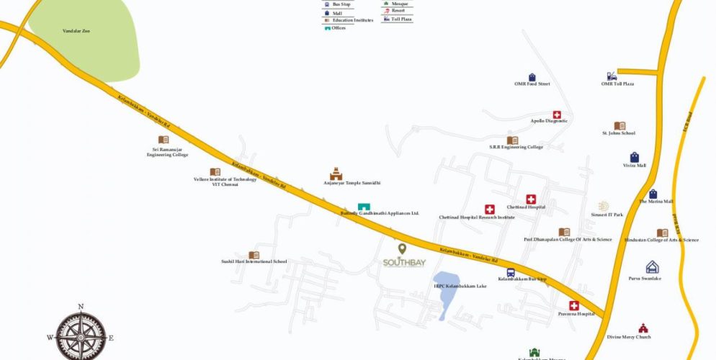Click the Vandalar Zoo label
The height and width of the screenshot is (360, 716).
76,31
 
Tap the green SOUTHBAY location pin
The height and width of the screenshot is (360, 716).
402,249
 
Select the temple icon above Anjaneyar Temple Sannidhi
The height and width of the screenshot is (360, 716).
336,174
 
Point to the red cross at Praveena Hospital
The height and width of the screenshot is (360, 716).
574,305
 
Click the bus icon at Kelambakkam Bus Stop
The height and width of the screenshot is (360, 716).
511,272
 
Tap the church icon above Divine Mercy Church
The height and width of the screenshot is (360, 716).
643,328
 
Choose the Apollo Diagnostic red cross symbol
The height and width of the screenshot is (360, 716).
557,114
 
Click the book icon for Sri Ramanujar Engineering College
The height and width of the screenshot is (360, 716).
164,140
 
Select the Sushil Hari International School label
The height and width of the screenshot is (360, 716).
254,261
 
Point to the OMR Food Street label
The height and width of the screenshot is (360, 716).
532,84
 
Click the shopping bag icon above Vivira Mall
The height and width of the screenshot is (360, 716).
634,157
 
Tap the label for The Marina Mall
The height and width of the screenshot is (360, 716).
655,202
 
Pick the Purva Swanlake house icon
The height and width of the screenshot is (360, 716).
652,267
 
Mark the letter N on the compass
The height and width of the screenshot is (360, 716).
81,307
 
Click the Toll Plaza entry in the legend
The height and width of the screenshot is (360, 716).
401,19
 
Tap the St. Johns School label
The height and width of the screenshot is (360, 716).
618,133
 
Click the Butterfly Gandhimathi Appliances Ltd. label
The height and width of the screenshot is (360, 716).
379,214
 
